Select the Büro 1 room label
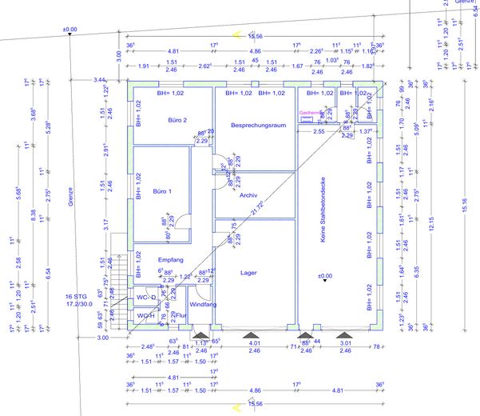pos(163,192)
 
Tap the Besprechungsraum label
pos(258,126)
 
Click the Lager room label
pos(248,272)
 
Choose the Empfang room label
pos(171,260)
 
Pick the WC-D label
pos(145,298)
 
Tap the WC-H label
pos(145,315)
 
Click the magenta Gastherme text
pos(311,114)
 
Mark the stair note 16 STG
pos(77,296)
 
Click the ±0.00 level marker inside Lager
pos(324,276)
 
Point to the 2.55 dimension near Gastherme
pos(319,130)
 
